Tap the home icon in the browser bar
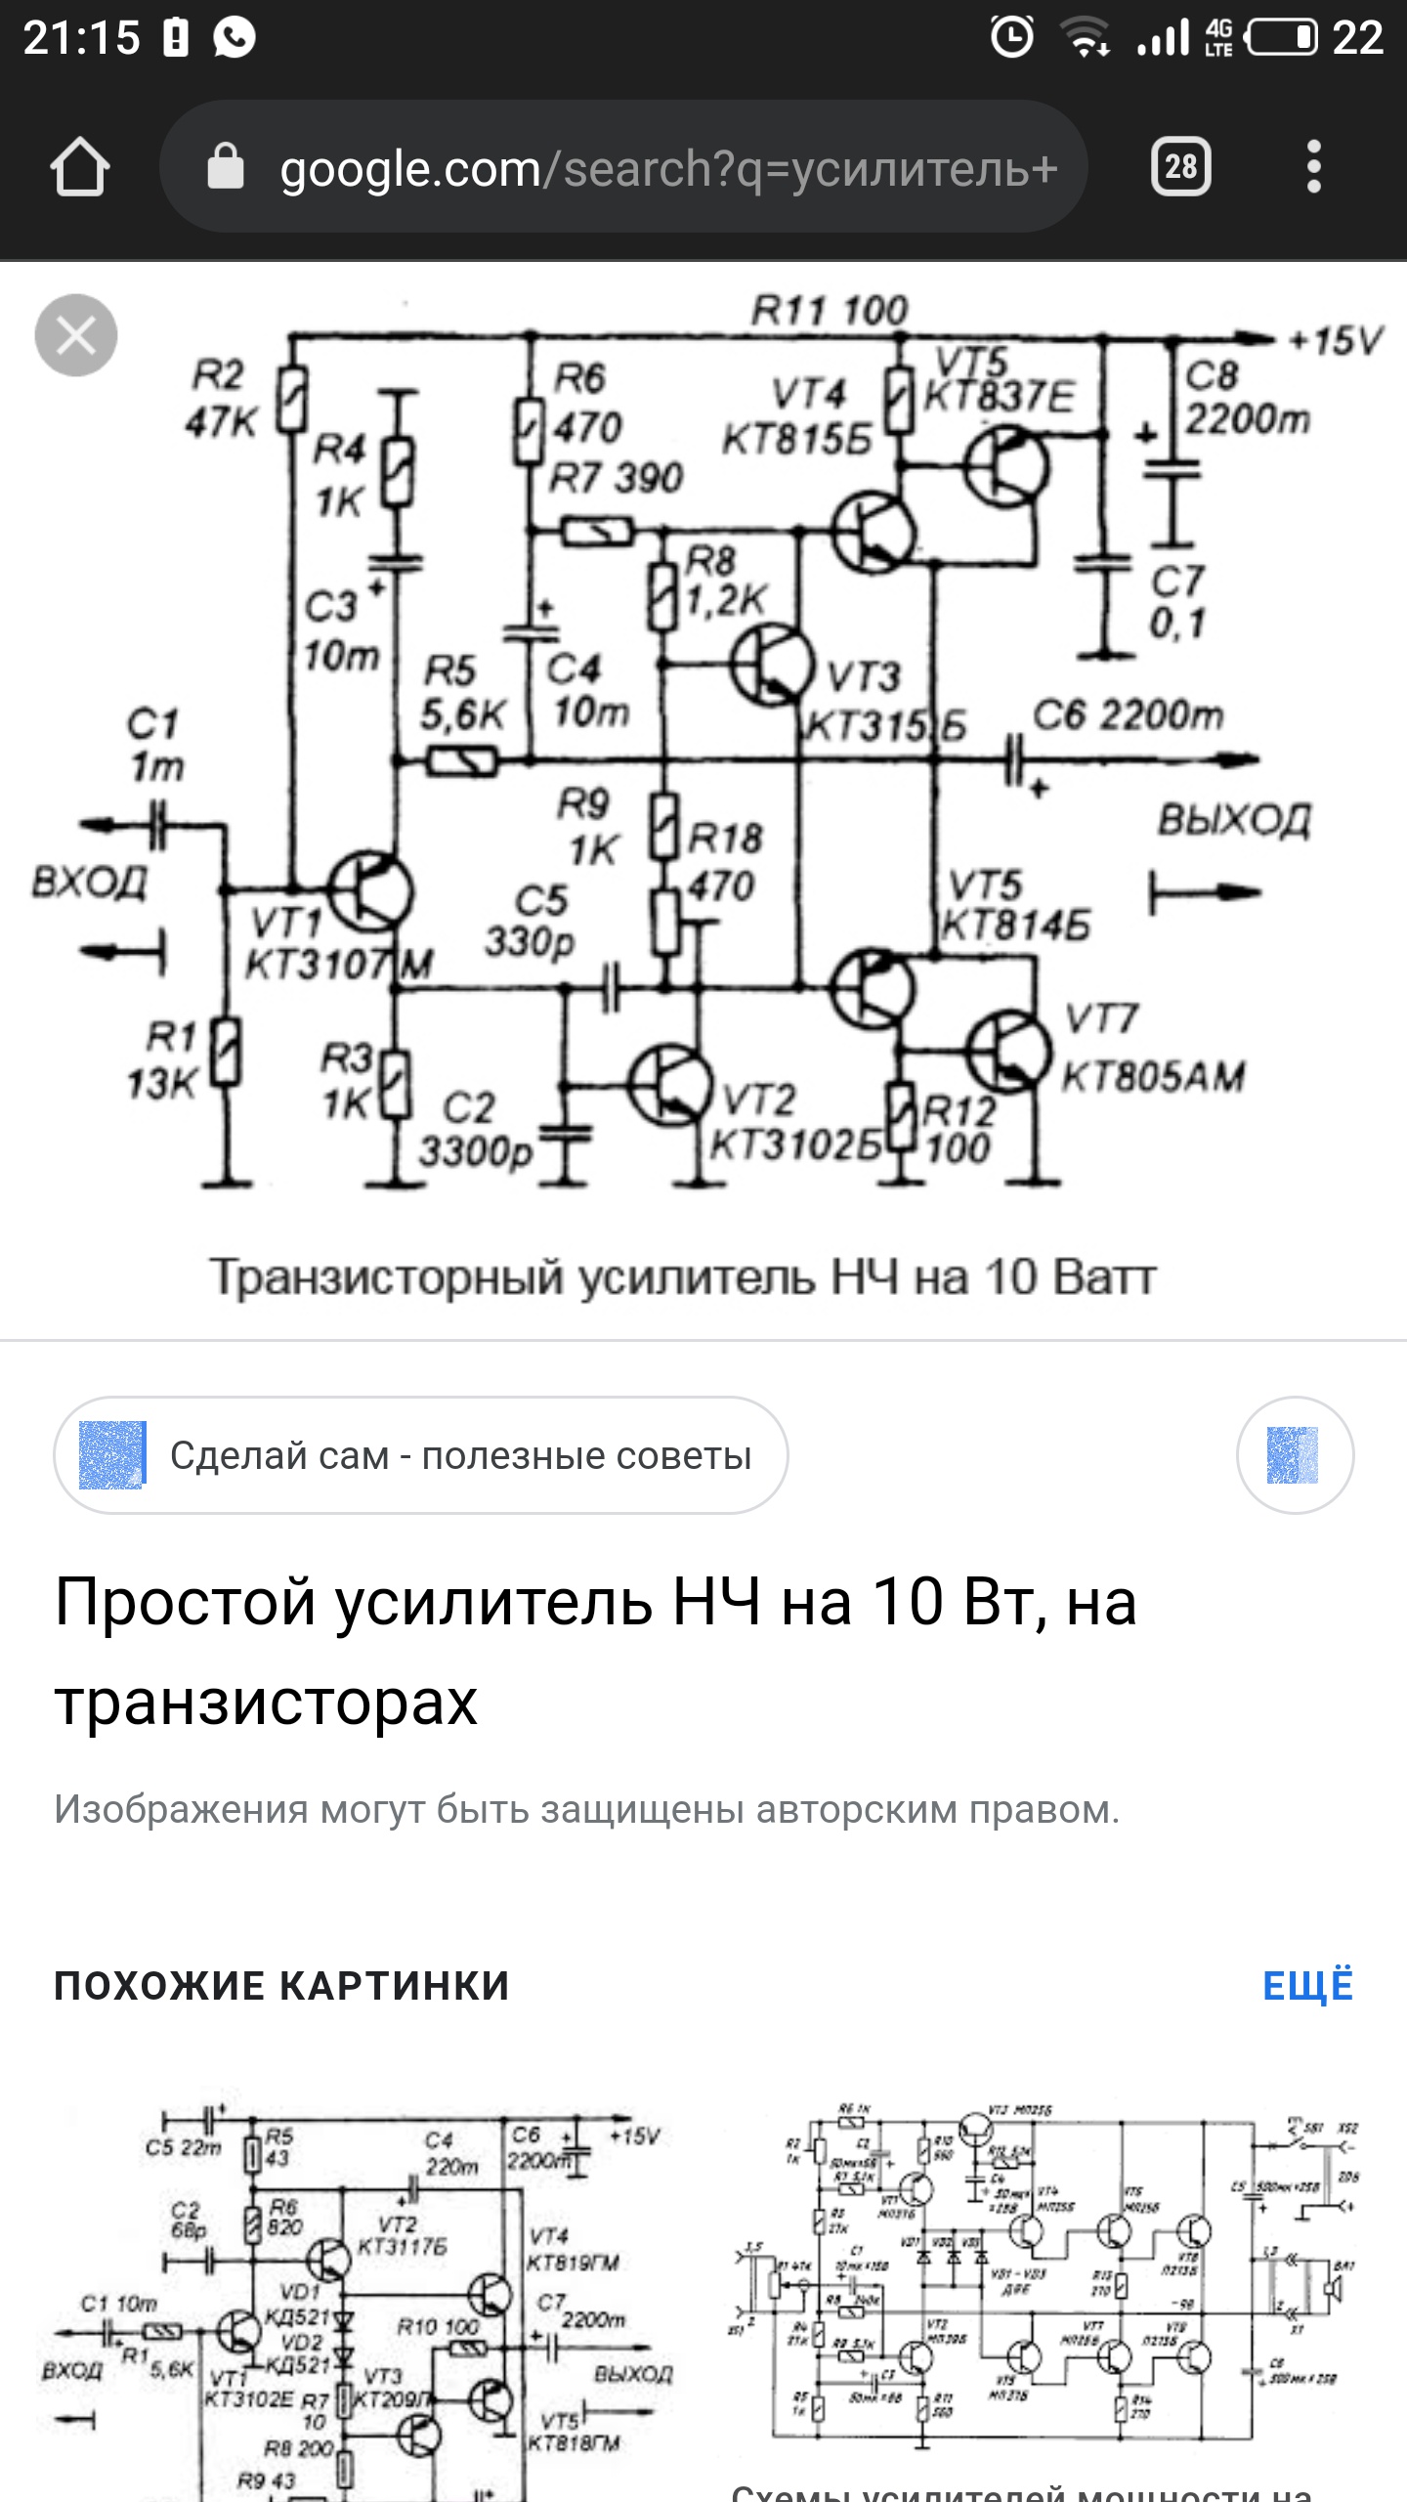[80, 167]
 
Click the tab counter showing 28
[1180, 167]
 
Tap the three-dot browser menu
[1314, 167]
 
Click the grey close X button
[76, 335]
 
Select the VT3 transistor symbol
[772, 665]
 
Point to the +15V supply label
[1335, 341]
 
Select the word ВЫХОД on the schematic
[1233, 821]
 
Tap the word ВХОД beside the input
[90, 882]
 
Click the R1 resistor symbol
[227, 1052]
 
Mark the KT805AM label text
[1153, 1077]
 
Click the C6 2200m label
[1128, 715]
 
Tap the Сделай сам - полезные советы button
[421, 1455]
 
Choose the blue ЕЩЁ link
[1307, 1986]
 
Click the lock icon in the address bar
[226, 167]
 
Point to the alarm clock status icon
[1011, 38]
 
